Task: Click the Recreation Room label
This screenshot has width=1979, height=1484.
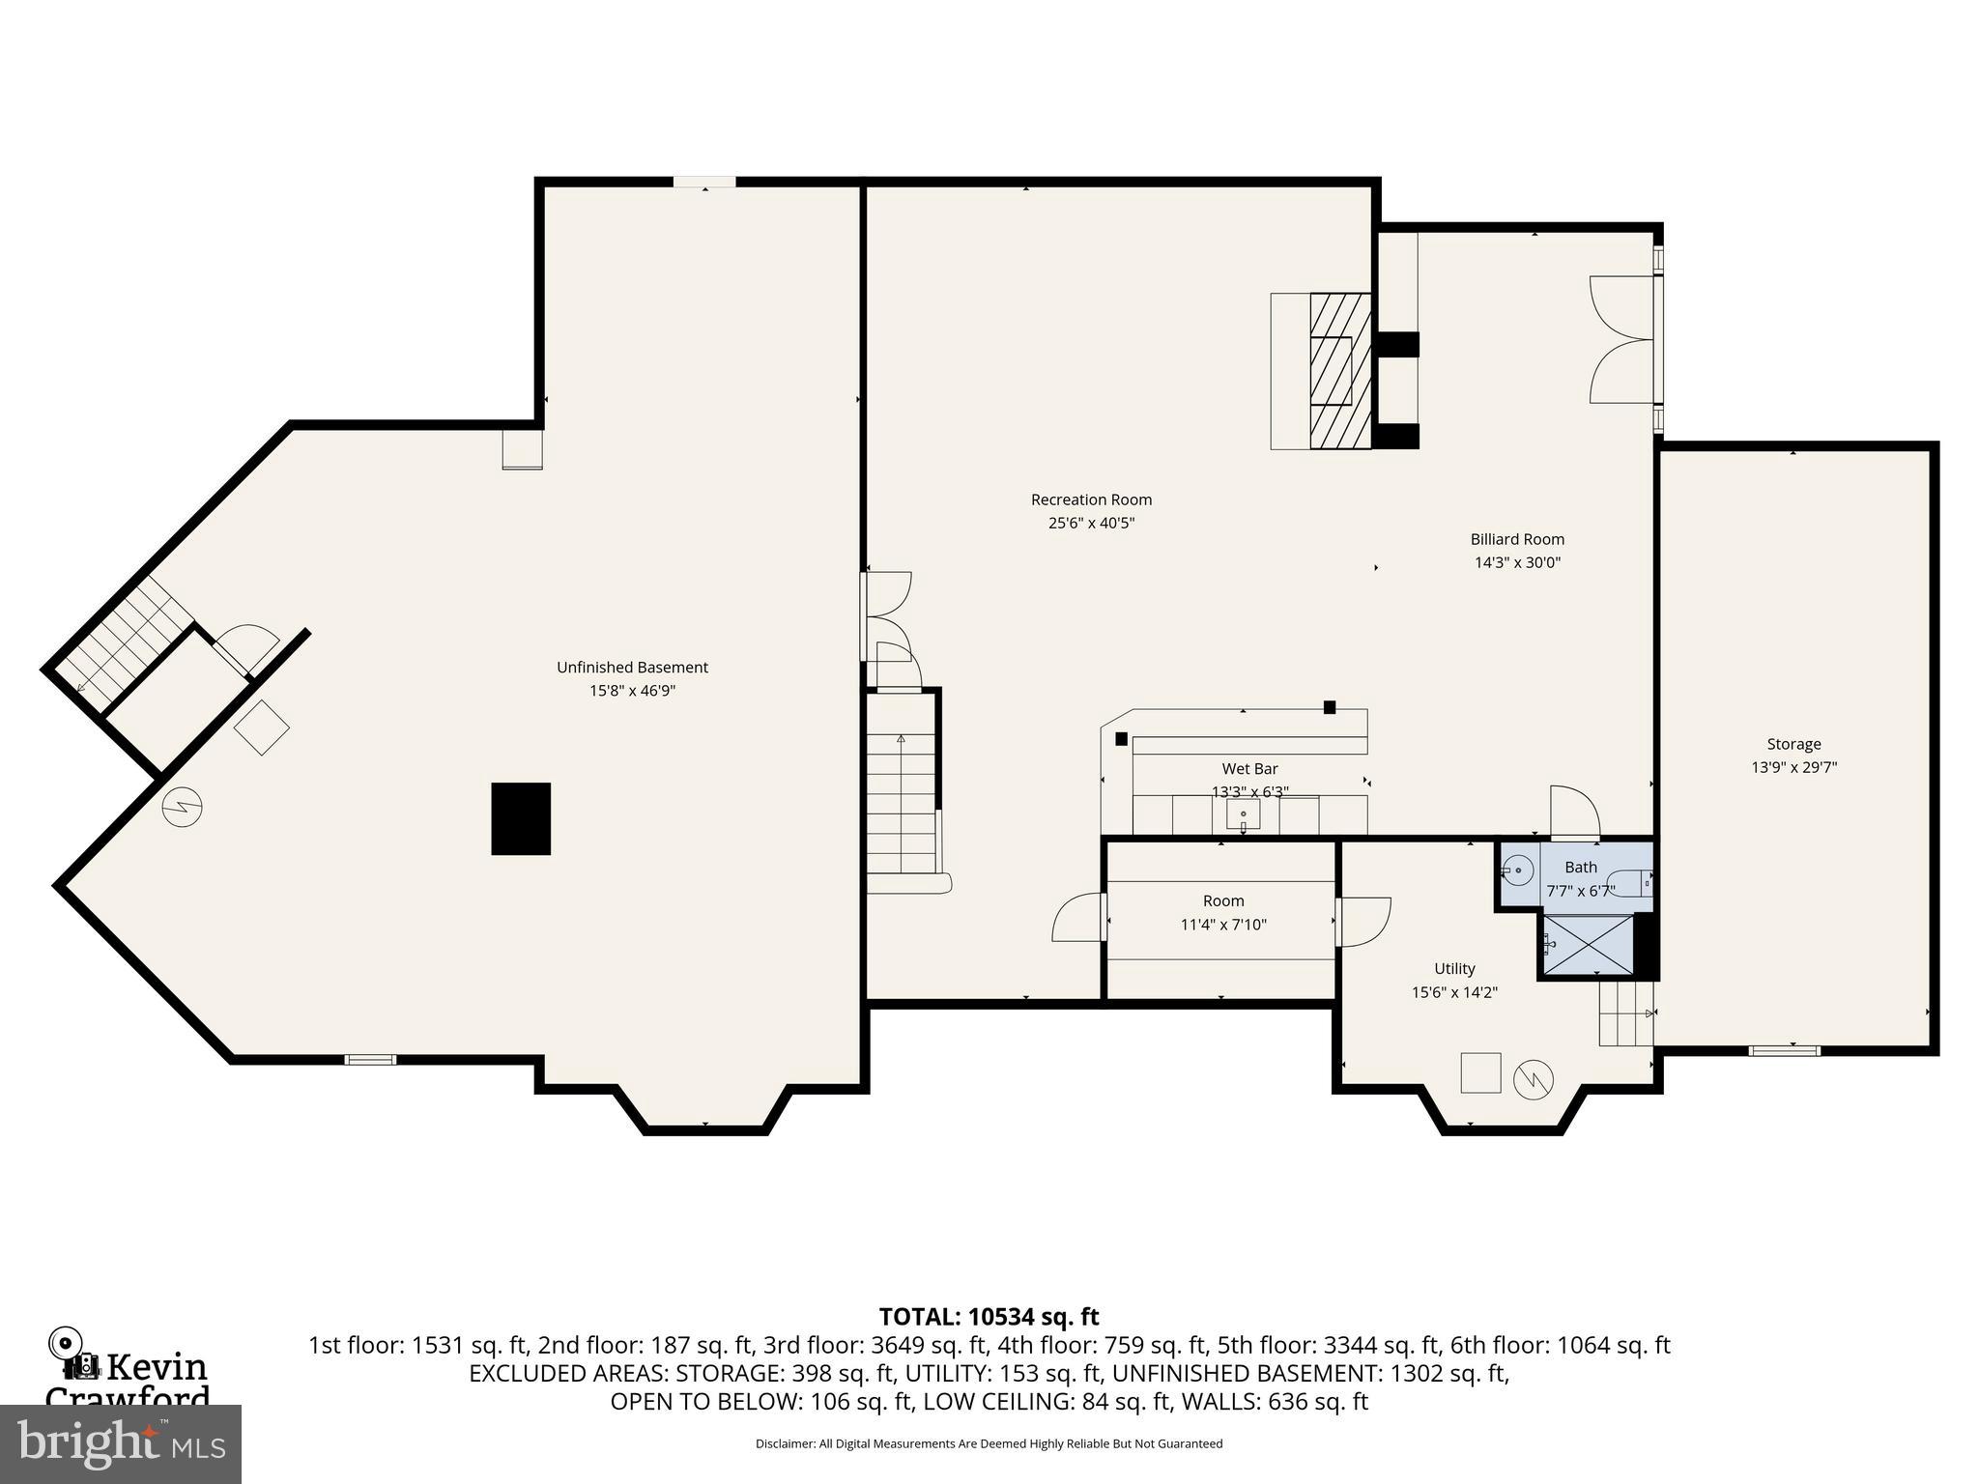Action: point(1091,499)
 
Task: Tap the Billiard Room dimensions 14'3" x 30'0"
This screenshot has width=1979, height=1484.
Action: point(1517,562)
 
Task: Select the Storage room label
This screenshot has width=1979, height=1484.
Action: point(1793,744)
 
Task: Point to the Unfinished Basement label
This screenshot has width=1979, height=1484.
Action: point(632,668)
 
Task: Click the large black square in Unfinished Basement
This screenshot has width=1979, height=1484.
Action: point(521,818)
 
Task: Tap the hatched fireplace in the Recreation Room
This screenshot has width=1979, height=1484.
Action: point(1339,371)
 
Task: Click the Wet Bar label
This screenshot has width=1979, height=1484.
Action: point(1249,769)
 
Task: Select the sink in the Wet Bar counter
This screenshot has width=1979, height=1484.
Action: point(1243,816)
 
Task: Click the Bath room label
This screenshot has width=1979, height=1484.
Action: point(1581,868)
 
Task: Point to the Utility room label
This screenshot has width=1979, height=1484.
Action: point(1454,968)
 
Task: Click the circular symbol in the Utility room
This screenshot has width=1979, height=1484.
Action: point(1534,1079)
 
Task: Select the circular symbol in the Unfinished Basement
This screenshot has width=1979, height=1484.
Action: point(183,807)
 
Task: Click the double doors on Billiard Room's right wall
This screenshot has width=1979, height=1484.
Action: point(1623,339)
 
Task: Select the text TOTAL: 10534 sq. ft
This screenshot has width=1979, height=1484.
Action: point(989,1317)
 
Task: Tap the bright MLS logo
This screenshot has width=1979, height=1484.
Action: point(121,1443)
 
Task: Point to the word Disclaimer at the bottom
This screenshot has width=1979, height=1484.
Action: point(784,1444)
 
